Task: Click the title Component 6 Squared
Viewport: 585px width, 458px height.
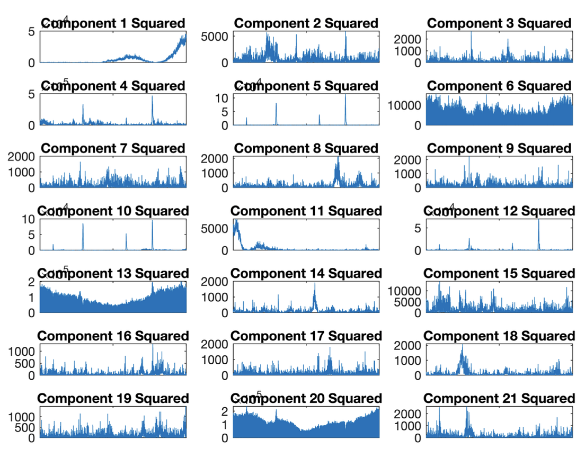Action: tap(499, 86)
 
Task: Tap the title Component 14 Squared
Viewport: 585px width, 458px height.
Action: tap(306, 274)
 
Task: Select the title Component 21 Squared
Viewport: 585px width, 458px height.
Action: tap(499, 399)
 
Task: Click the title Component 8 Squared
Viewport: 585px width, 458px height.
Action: tap(306, 148)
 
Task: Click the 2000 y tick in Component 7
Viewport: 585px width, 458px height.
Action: tap(21, 157)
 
